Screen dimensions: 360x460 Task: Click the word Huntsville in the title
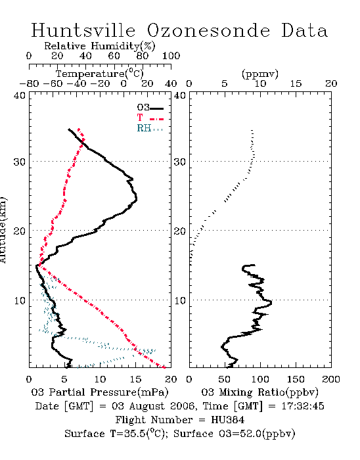[x=83, y=30]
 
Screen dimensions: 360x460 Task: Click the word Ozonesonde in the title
[x=208, y=30]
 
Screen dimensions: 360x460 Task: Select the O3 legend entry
[x=150, y=108]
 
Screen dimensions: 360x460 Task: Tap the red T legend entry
[x=150, y=118]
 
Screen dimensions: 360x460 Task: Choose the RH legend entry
[x=150, y=128]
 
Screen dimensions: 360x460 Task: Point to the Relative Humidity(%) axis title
[x=100, y=46]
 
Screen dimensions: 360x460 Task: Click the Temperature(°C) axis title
[x=100, y=74]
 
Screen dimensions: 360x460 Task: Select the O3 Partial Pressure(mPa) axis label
[x=100, y=392]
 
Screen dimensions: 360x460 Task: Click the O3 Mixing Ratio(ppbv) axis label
[x=259, y=392]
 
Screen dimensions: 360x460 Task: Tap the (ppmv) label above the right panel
[x=260, y=74]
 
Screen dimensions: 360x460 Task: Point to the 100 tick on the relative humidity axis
[x=171, y=55]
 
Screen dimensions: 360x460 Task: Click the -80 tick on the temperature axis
[x=29, y=83]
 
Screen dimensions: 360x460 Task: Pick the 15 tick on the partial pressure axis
[x=135, y=379]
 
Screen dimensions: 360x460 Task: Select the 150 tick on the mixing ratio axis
[x=296, y=379]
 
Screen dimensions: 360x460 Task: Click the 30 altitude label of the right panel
[x=180, y=162]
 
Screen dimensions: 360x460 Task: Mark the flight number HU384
[x=228, y=420]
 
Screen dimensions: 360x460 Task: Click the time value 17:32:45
[x=303, y=406]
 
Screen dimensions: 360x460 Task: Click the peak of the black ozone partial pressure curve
[x=137, y=199]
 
